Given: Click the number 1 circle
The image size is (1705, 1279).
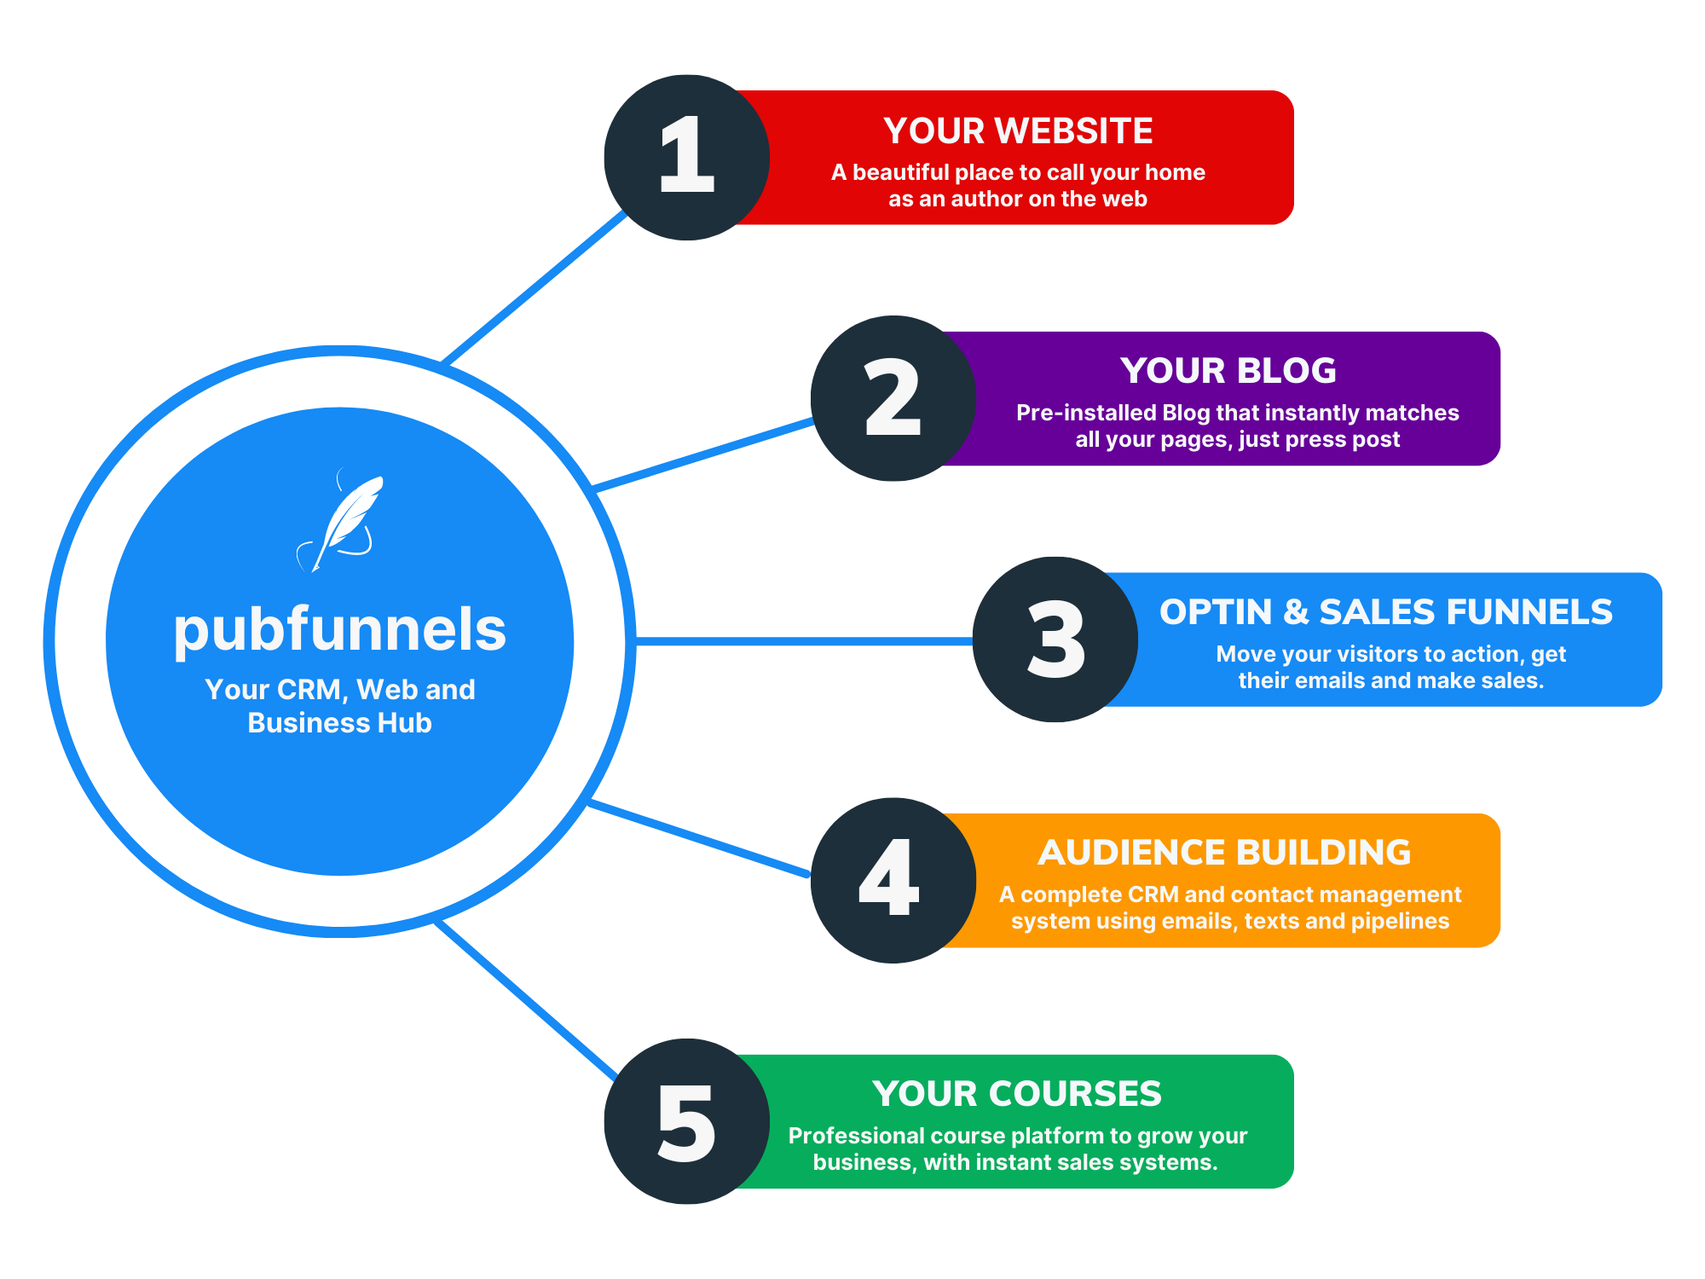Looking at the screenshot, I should point(686,157).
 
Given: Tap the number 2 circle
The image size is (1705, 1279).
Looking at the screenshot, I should point(893,398).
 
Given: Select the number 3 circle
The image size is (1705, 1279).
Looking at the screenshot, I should point(1055,639).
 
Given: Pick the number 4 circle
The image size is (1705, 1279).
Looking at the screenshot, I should point(893,880).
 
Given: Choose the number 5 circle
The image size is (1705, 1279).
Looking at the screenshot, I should point(686,1121).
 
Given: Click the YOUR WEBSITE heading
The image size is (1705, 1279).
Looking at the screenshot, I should point(1018,131).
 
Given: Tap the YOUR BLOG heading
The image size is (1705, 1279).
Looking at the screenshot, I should point(1228,371).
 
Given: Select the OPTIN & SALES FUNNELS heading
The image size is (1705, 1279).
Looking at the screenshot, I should point(1385,612).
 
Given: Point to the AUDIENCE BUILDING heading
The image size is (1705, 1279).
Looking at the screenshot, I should point(1224,853).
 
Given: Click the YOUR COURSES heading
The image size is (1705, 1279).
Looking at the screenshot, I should point(1016,1094).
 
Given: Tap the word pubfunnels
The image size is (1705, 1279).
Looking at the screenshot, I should point(339,631).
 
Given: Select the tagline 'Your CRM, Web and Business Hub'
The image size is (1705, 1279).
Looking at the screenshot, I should point(339,706).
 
